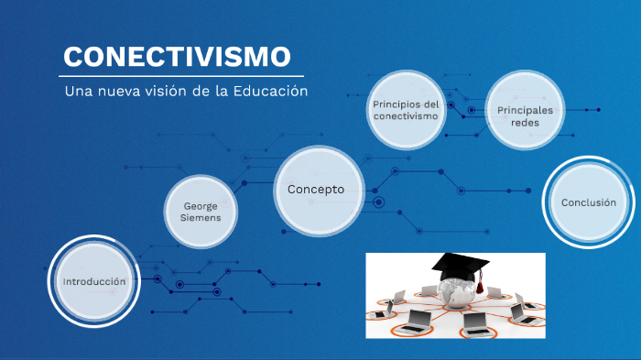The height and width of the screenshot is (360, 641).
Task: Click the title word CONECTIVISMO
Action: [177, 57]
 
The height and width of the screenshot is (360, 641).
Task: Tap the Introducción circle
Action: [93, 282]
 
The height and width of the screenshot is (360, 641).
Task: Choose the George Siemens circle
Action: [201, 212]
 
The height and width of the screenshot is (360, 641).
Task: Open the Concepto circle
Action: [316, 190]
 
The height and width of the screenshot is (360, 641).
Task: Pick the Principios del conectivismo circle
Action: [406, 110]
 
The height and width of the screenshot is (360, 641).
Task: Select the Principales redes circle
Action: [526, 116]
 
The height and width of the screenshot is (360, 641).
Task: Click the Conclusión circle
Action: [588, 202]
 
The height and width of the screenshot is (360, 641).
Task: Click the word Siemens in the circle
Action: [201, 218]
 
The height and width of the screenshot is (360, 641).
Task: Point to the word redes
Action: [526, 123]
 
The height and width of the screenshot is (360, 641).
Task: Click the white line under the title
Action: [183, 76]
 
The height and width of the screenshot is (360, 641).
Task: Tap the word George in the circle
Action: [201, 206]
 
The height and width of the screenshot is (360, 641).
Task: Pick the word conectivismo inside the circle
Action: [406, 116]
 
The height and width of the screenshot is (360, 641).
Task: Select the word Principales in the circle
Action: [526, 110]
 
